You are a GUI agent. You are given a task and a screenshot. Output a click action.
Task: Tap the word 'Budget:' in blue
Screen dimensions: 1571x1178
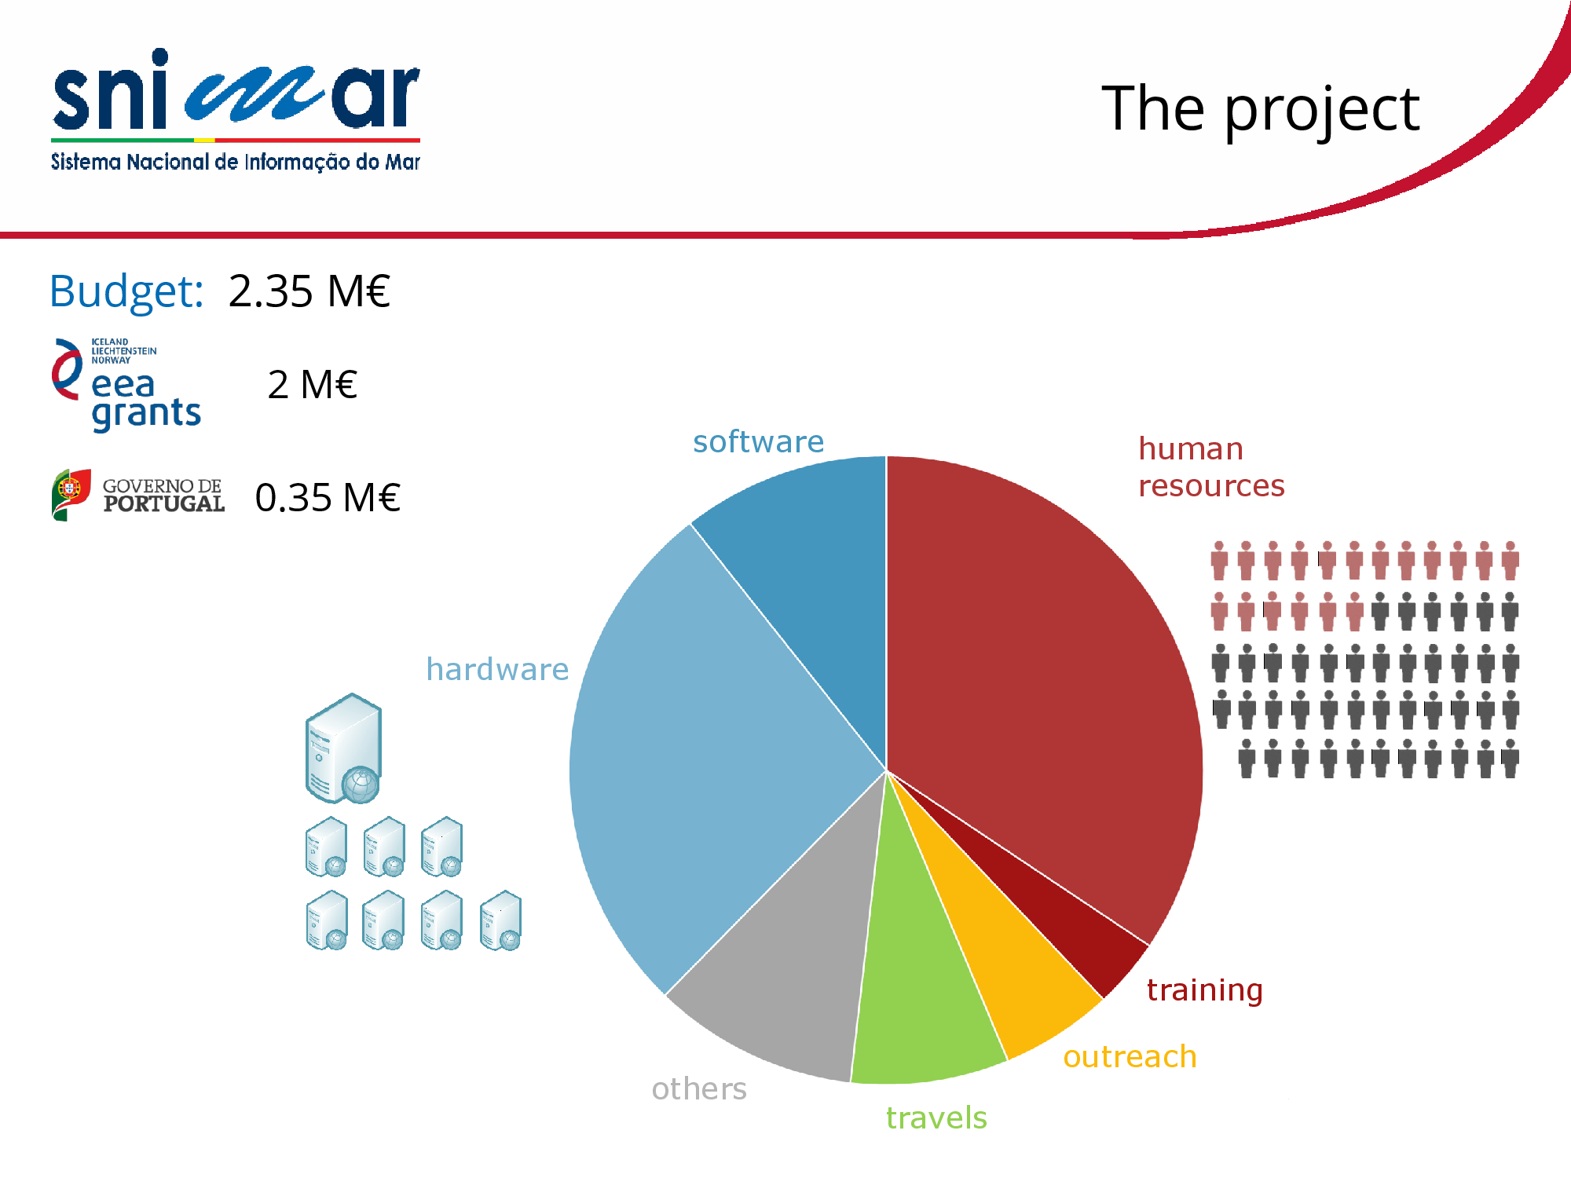(126, 292)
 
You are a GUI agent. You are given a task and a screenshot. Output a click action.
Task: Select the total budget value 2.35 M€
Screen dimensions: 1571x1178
(309, 291)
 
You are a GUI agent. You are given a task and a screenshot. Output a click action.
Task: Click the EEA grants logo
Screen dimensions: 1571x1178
(126, 385)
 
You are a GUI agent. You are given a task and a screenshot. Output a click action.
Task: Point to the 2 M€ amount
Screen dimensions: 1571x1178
(312, 385)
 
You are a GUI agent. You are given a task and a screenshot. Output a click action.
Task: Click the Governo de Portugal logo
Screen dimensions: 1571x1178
(138, 495)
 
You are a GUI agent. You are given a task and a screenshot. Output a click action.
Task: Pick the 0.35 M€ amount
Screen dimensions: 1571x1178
(328, 497)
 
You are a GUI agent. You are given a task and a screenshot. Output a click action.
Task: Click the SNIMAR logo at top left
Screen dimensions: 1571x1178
(236, 110)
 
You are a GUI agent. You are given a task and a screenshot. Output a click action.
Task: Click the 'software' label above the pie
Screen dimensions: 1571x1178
(758, 441)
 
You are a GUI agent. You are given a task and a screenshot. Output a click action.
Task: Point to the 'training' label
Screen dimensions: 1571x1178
(1204, 990)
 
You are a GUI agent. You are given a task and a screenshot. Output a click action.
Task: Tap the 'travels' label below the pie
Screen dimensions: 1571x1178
(936, 1118)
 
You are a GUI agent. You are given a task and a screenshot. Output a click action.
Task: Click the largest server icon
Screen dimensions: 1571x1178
(343, 748)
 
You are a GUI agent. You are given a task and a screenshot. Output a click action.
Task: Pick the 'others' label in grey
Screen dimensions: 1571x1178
(699, 1088)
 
